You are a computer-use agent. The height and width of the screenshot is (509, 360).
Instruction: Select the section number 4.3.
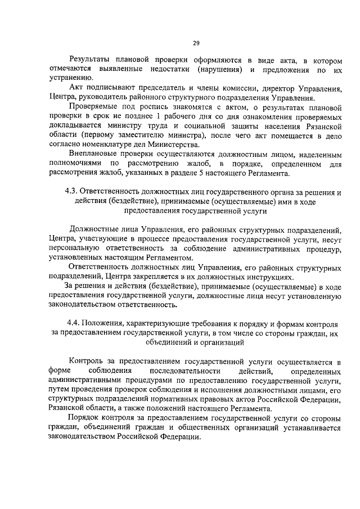(x=73, y=192)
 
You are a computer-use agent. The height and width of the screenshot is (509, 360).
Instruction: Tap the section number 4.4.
(x=73, y=326)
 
